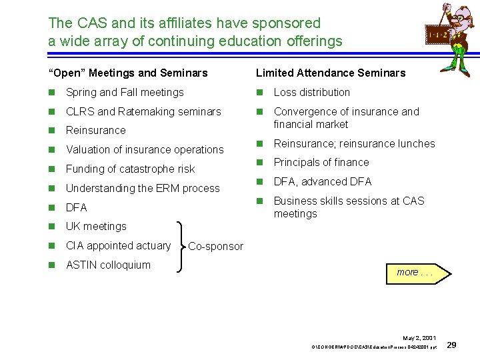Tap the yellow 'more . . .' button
click(418, 272)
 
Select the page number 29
click(451, 345)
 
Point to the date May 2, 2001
click(420, 339)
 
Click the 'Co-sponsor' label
click(215, 247)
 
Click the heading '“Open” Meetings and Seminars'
click(128, 73)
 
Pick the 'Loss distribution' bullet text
click(311, 92)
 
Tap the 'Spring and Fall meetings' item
click(125, 92)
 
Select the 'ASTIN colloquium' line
click(108, 265)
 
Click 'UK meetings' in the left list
click(96, 226)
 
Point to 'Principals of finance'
click(321, 162)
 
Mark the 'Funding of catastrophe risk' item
click(130, 169)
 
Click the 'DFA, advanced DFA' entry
click(323, 181)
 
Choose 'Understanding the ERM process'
click(143, 188)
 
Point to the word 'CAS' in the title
click(88, 23)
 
